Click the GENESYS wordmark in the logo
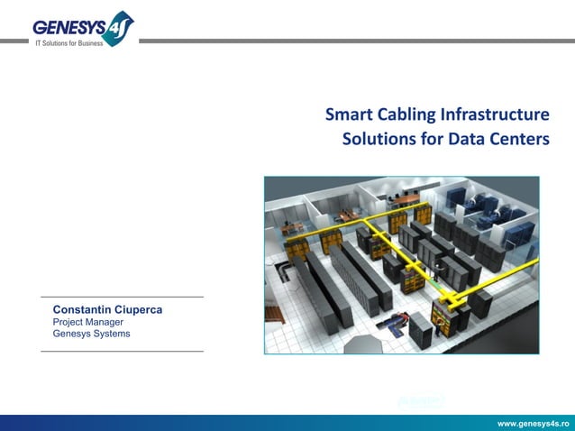tap(69, 27)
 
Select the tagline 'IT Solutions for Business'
tap(70, 43)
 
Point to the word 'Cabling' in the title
tap(406, 115)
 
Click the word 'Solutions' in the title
tap(377, 141)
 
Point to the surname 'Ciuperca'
tap(138, 309)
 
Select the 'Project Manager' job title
tap(88, 322)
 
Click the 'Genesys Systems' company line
tap(91, 334)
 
